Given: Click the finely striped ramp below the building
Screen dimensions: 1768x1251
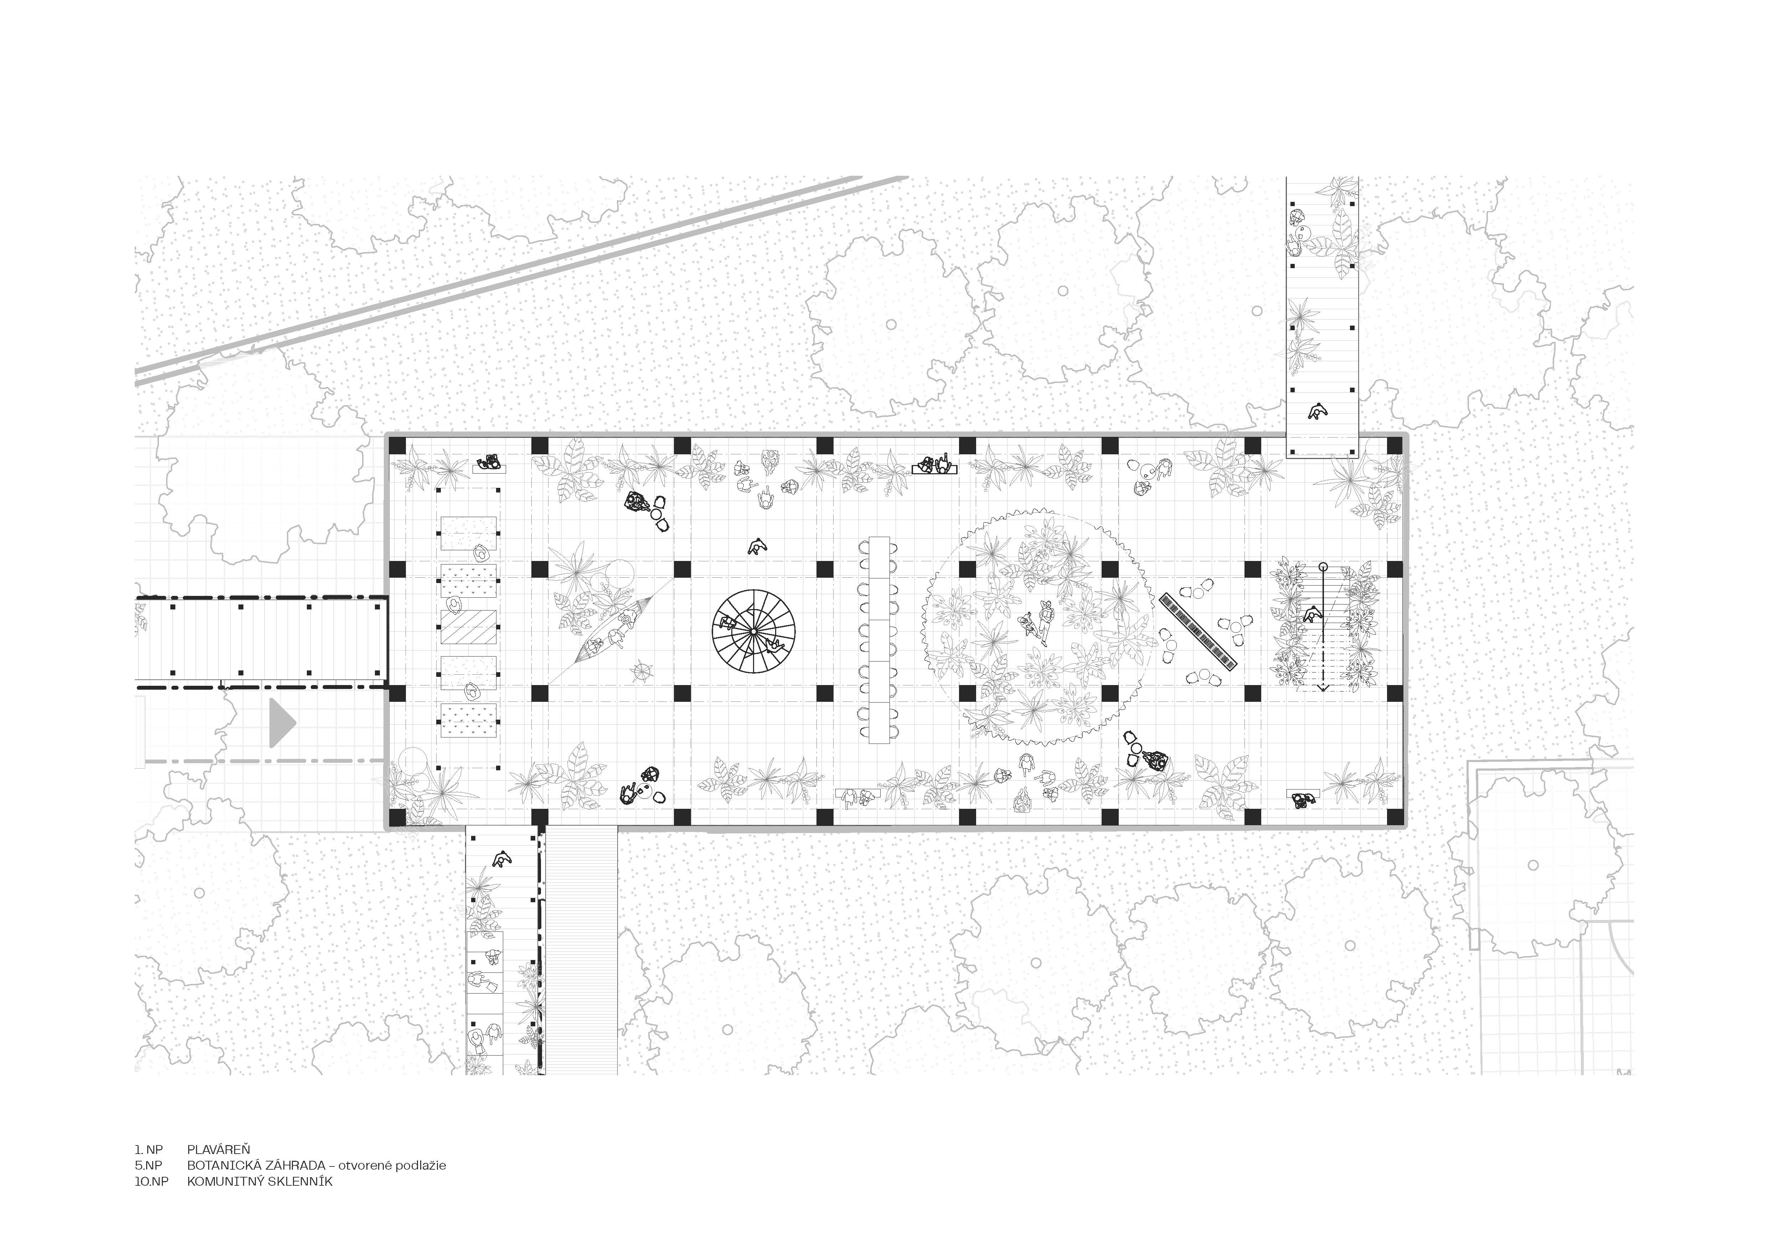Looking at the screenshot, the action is click(581, 951).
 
